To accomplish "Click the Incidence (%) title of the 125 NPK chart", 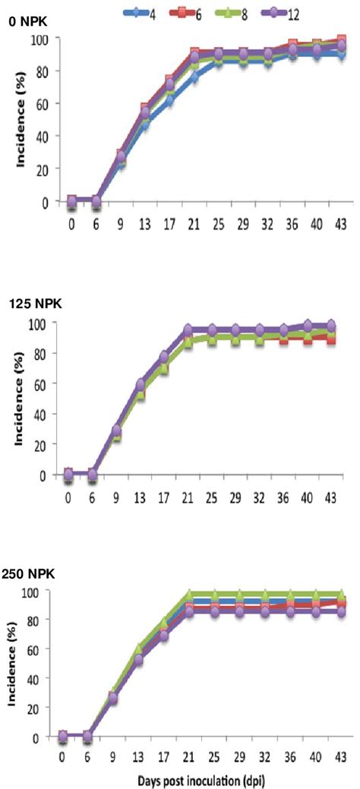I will point(13,399).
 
